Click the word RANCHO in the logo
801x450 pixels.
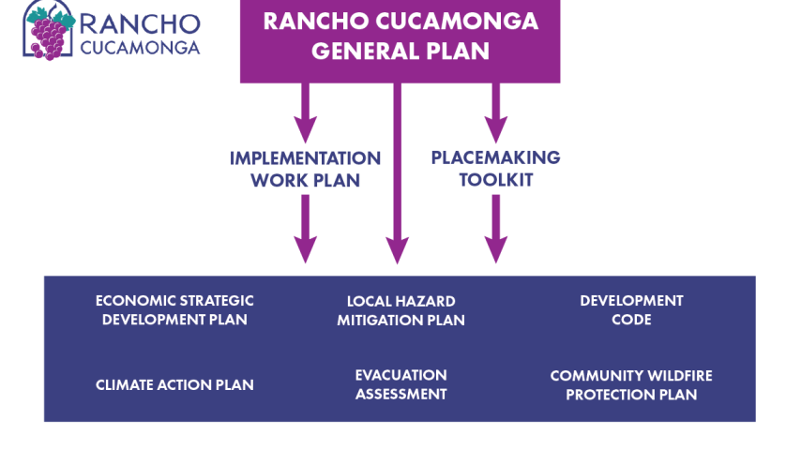[x=140, y=23]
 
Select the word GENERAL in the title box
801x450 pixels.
[x=356, y=51]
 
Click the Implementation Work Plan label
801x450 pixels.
[x=305, y=169]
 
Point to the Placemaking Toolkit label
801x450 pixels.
[x=495, y=169]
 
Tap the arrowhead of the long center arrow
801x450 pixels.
[x=398, y=251]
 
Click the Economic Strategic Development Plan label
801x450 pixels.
[x=174, y=310]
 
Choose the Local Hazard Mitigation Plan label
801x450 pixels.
[x=400, y=310]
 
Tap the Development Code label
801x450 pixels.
[x=631, y=310]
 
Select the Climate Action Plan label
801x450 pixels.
[x=174, y=384]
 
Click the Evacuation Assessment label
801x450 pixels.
[x=400, y=384]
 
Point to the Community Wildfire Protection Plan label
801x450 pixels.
[x=631, y=384]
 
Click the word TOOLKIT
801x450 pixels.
[x=495, y=179]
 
